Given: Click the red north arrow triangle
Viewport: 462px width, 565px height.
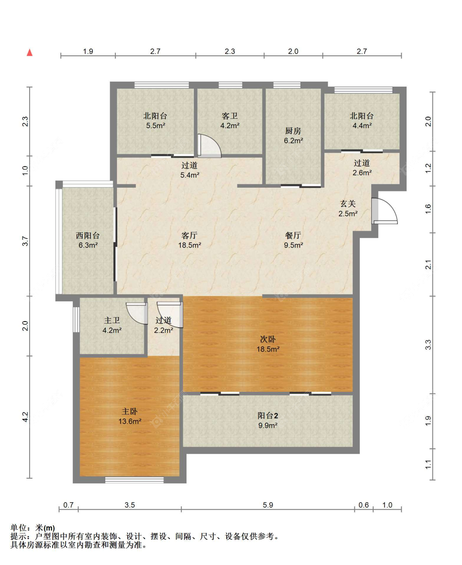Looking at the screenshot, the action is [x=30, y=53].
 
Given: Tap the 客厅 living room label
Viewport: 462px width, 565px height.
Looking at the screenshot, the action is [x=189, y=235].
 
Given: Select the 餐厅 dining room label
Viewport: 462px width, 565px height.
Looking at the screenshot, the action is [x=293, y=235].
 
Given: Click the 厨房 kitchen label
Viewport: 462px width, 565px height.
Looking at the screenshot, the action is [x=293, y=131].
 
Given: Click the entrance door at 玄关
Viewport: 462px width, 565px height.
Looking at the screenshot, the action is [x=384, y=211].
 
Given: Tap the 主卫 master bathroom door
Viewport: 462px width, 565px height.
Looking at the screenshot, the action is [x=137, y=313].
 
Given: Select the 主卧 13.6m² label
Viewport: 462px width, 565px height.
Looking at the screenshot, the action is [x=130, y=416].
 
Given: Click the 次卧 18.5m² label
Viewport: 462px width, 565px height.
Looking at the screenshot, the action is [x=268, y=344].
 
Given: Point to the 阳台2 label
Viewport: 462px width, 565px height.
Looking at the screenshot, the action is [x=268, y=416].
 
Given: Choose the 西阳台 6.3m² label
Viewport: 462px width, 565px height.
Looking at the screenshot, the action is [x=88, y=240].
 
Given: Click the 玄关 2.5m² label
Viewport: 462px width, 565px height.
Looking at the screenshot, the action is [x=348, y=209].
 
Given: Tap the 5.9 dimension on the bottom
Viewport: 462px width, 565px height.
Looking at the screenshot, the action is [x=268, y=505].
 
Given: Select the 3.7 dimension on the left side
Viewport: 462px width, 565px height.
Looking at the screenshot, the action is [x=25, y=241].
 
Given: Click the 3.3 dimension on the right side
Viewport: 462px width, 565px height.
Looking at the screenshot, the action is [x=428, y=345].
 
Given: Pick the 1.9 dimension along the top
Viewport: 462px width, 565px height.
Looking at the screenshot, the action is [x=88, y=51].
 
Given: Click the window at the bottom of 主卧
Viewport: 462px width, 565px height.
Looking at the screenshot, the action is [x=134, y=480].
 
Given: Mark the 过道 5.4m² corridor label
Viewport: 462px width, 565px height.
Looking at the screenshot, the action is [x=189, y=170].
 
